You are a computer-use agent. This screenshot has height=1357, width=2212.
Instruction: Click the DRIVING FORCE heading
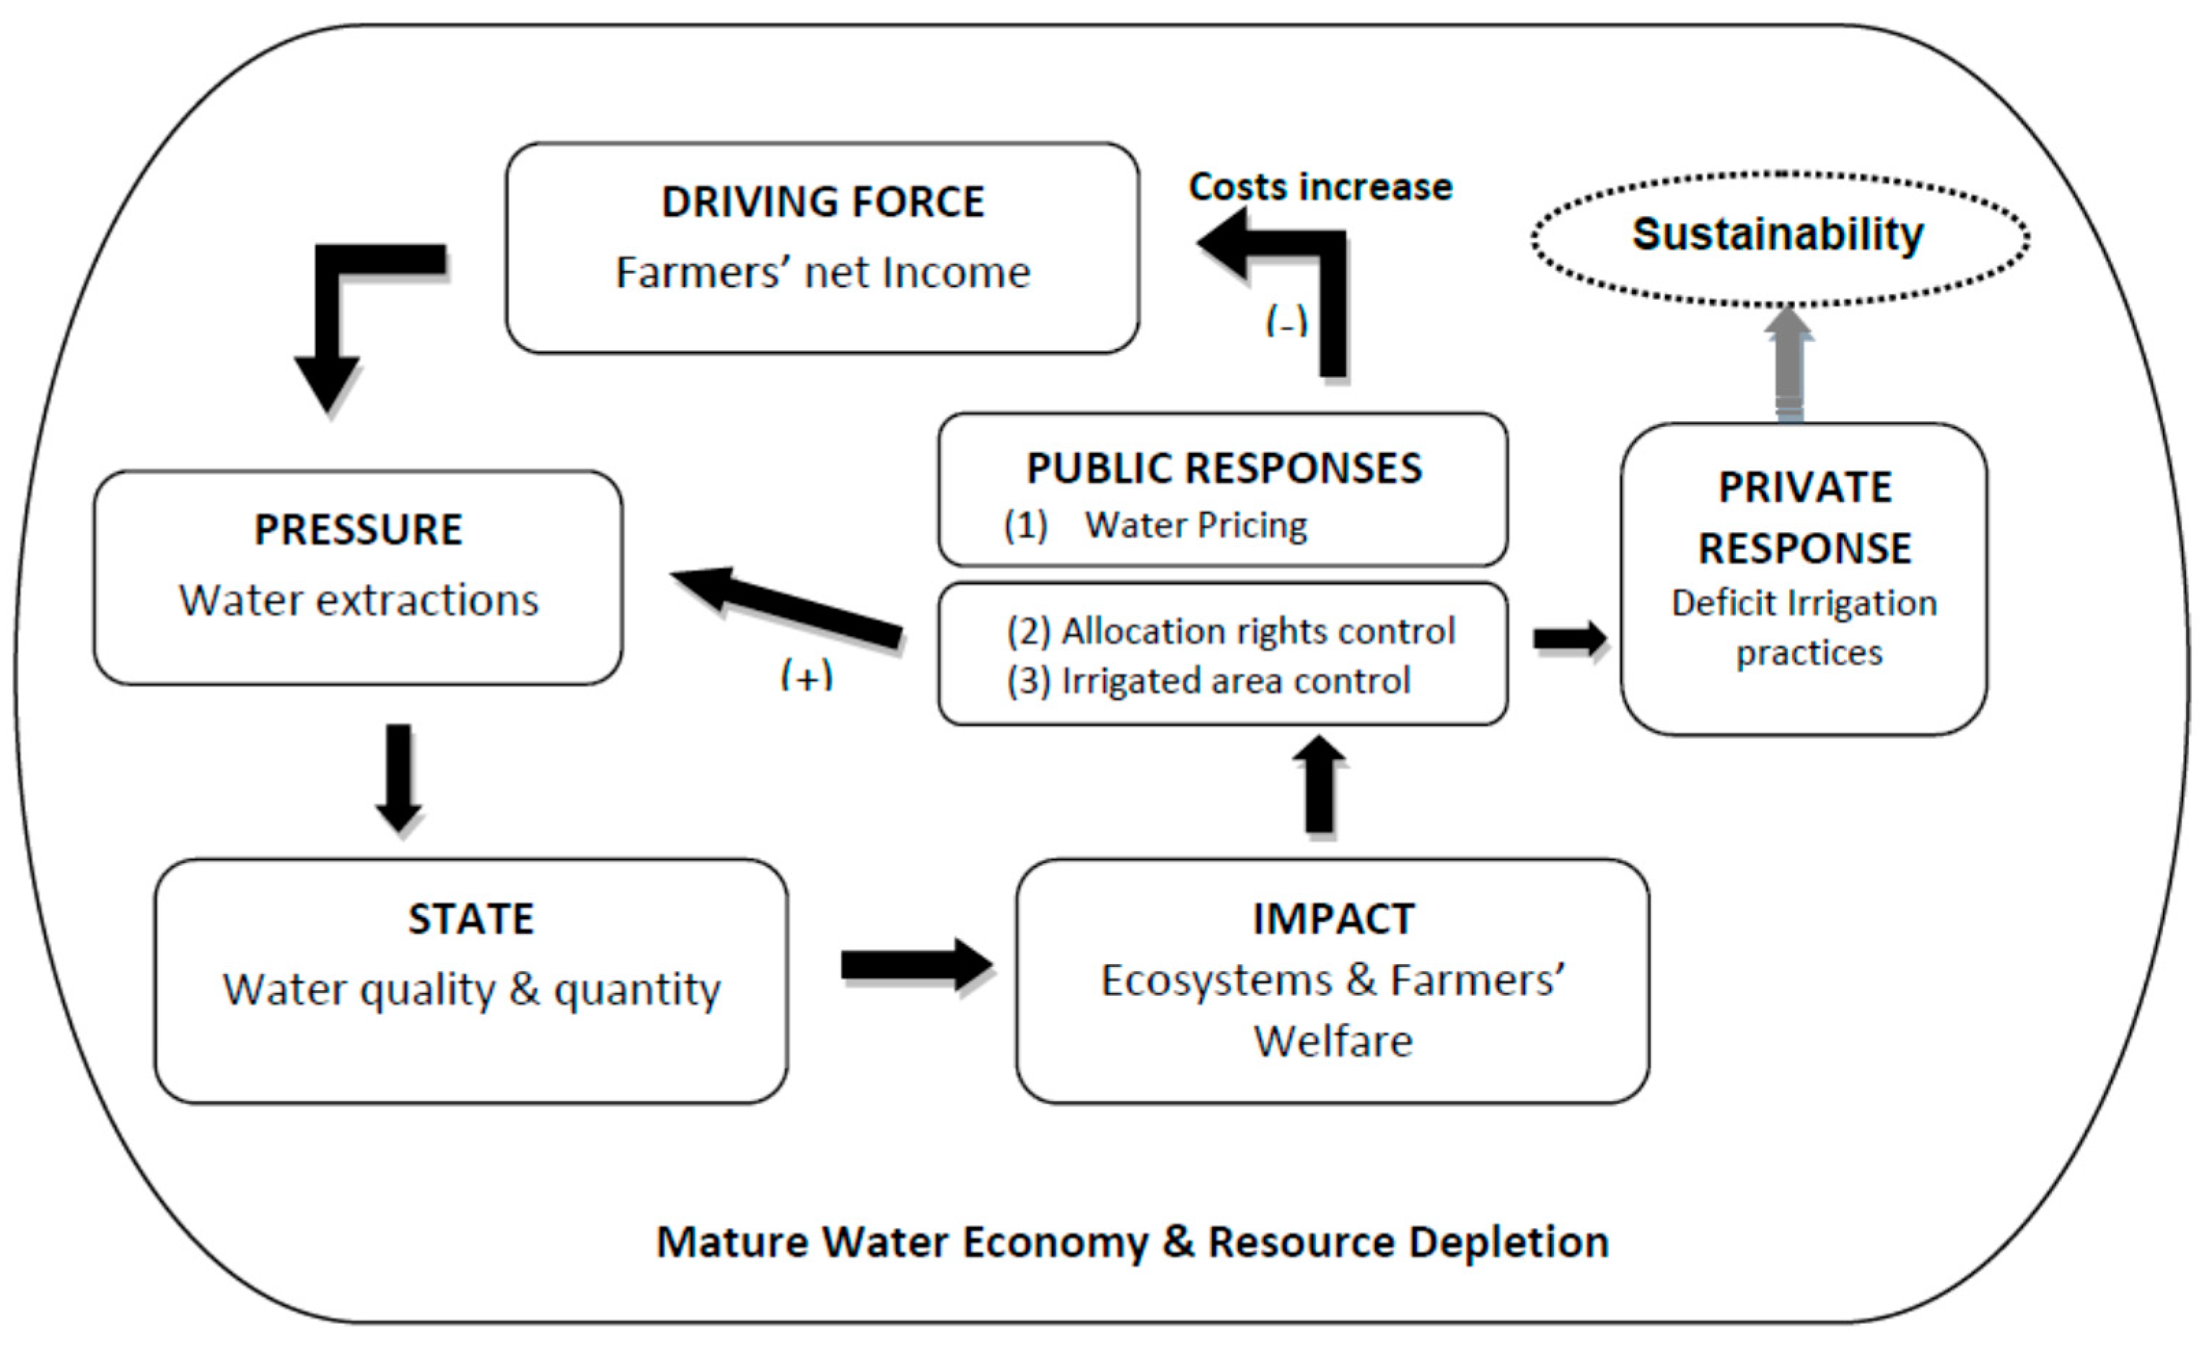pyautogui.click(x=822, y=202)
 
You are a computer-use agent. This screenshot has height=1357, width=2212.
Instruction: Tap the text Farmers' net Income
pyautogui.click(x=822, y=273)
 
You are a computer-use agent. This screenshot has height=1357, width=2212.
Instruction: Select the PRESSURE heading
pyautogui.click(x=358, y=529)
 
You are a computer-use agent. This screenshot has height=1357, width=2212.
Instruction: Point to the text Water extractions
pyautogui.click(x=358, y=601)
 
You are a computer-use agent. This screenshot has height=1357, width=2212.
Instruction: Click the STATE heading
pyautogui.click(x=470, y=919)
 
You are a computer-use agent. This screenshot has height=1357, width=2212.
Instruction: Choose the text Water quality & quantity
pyautogui.click(x=470, y=989)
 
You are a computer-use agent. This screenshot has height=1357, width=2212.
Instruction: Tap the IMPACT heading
pyautogui.click(x=1333, y=919)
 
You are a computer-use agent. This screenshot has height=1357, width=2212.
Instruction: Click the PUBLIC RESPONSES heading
pyautogui.click(x=1224, y=469)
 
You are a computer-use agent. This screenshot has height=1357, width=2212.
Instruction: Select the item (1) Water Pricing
pyautogui.click(x=1155, y=526)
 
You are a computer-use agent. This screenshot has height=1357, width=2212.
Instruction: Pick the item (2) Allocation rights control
pyautogui.click(x=1230, y=632)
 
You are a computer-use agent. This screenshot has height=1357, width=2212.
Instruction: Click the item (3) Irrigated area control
pyautogui.click(x=1208, y=681)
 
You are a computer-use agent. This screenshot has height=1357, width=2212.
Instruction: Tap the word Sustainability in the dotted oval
pyautogui.click(x=1778, y=234)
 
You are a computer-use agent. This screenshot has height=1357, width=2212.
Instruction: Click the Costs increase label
pyautogui.click(x=1320, y=187)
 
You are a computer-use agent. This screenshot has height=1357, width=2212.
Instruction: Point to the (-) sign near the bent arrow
pyautogui.click(x=1286, y=320)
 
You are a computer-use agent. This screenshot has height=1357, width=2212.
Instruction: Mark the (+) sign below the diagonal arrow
pyautogui.click(x=806, y=674)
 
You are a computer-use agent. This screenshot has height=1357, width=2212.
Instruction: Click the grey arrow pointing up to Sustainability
pyautogui.click(x=1789, y=363)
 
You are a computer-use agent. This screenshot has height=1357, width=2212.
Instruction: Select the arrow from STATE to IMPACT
pyautogui.click(x=916, y=965)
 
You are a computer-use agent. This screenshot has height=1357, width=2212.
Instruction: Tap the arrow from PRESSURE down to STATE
pyautogui.click(x=398, y=777)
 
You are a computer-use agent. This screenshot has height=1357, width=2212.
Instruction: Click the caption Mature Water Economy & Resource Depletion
pyautogui.click(x=1132, y=1242)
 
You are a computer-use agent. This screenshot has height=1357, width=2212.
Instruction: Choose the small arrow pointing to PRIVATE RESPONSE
pyautogui.click(x=1568, y=639)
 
